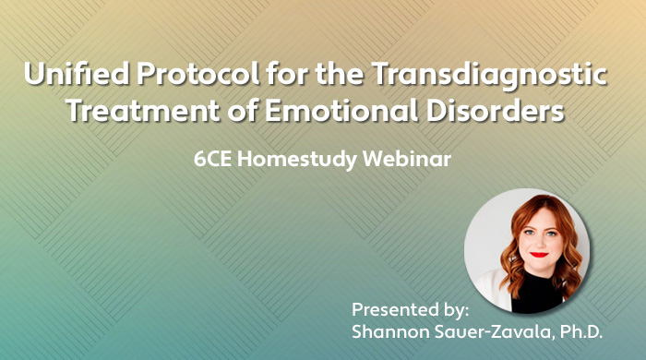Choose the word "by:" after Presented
(457, 308)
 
